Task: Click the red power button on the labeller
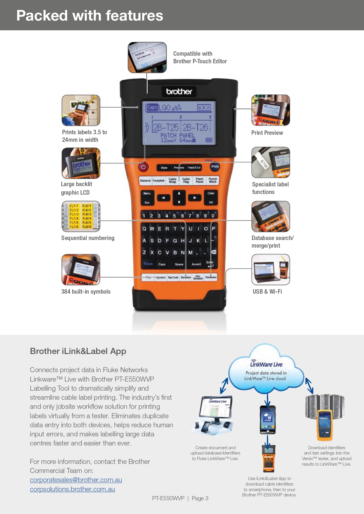(x=143, y=167)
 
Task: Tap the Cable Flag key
(x=186, y=181)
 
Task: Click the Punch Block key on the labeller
(x=213, y=181)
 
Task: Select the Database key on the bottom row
(x=211, y=277)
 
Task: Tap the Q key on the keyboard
(x=144, y=229)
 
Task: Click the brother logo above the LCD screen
(x=179, y=92)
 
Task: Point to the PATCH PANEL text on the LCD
(x=177, y=135)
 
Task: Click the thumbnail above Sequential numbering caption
(x=81, y=216)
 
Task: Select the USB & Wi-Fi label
(x=267, y=292)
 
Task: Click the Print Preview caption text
(x=267, y=133)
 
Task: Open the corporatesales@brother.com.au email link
(x=76, y=480)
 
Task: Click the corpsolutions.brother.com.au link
(x=72, y=489)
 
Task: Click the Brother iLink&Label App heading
(x=78, y=351)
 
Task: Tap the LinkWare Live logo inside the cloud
(x=266, y=364)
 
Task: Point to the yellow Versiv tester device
(x=324, y=425)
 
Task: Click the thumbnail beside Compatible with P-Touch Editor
(x=147, y=57)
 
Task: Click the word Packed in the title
(x=42, y=16)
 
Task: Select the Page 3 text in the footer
(x=200, y=498)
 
